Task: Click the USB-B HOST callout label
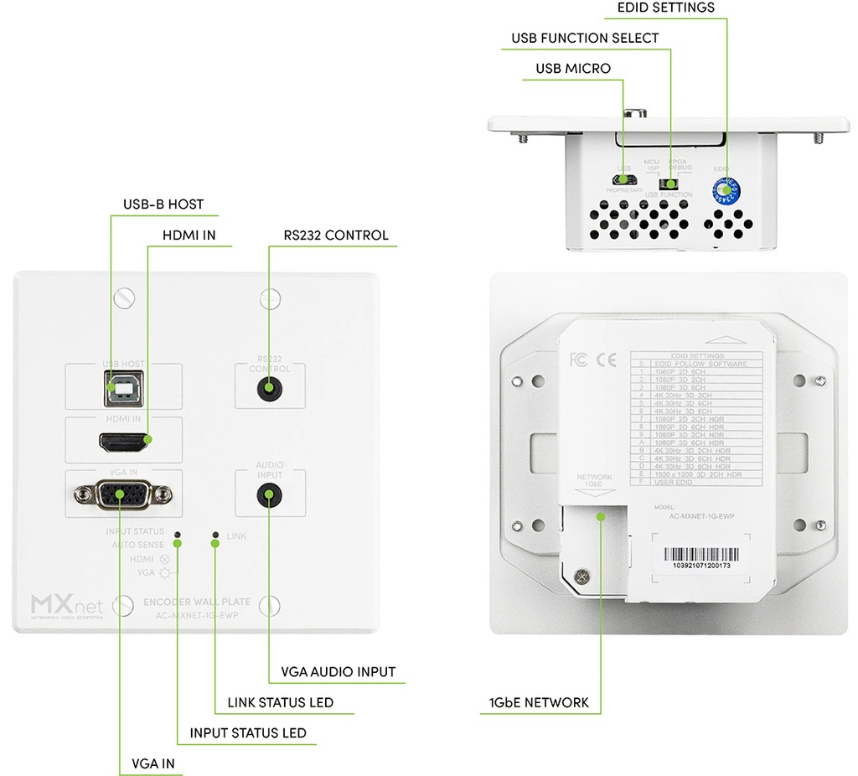pos(163,204)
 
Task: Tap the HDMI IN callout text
pos(189,235)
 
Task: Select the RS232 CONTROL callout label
pos(334,235)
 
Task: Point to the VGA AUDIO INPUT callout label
pos(338,672)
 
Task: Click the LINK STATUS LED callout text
pos(281,702)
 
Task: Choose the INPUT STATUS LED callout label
pos(248,733)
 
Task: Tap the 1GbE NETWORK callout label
pos(540,702)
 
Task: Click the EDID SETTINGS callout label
pos(665,8)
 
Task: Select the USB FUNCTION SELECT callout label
pos(585,39)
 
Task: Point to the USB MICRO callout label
pos(574,68)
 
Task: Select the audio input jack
pos(269,495)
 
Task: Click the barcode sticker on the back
pos(701,556)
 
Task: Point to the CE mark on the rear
pos(606,360)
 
